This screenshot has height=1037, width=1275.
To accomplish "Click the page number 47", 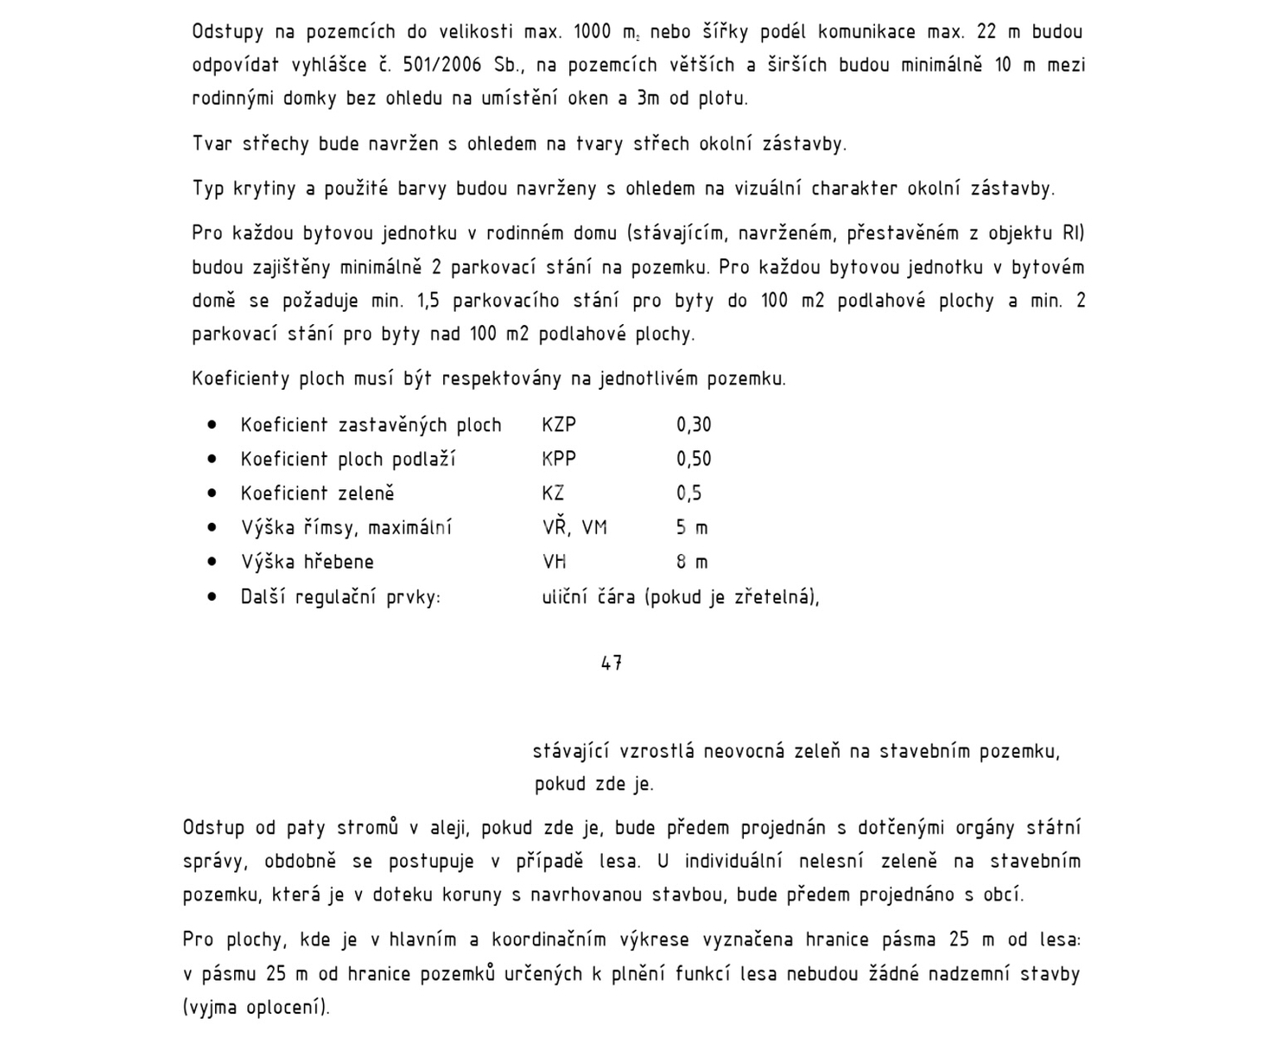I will (x=612, y=663).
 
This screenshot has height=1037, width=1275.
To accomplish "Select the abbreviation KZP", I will (x=559, y=424).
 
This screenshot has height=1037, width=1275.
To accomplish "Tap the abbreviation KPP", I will (x=559, y=459).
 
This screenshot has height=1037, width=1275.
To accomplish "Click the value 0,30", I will (x=694, y=424).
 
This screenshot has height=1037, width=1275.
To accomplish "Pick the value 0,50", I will (x=694, y=459).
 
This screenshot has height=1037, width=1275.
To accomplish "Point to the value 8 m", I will (x=692, y=562).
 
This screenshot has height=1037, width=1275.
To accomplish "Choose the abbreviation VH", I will (x=555, y=562).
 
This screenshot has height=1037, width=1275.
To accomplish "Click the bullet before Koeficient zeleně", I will (x=212, y=493).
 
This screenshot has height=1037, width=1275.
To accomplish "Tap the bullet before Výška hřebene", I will (x=212, y=562).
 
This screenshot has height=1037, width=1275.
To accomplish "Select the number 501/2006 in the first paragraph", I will (x=442, y=65).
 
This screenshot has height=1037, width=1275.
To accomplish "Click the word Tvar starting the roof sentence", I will (x=212, y=143).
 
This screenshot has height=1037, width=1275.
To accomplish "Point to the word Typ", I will (x=208, y=188).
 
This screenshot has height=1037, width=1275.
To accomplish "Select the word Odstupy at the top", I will (x=227, y=32).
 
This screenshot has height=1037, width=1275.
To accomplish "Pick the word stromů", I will (x=367, y=828).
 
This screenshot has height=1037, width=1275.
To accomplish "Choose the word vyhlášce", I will (x=314, y=65).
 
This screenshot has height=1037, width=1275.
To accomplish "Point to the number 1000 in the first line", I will (x=592, y=32).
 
